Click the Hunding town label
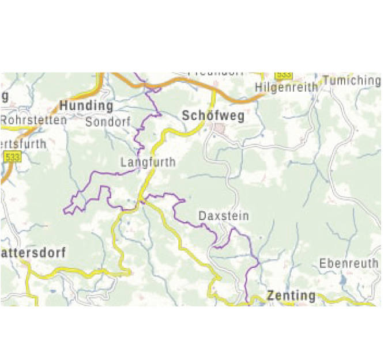[x=86, y=106]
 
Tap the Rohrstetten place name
[x=33, y=120]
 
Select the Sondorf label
[x=108, y=122]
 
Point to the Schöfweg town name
[x=213, y=116]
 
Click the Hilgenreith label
[x=286, y=88]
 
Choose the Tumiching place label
[x=351, y=81]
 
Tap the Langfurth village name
[x=148, y=162]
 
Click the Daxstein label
[x=224, y=216]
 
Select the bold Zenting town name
[x=291, y=296]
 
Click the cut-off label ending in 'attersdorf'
[x=33, y=252]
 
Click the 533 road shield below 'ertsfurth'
[x=12, y=156]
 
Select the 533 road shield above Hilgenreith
[x=284, y=75]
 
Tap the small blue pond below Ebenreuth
[x=344, y=280]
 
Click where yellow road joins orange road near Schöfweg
[x=215, y=92]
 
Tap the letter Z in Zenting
[x=270, y=296]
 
